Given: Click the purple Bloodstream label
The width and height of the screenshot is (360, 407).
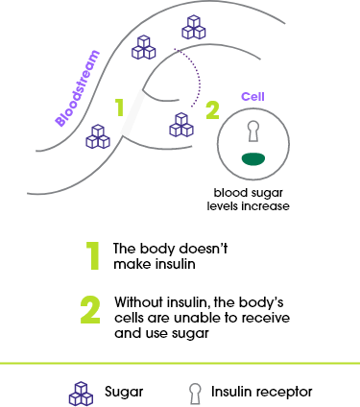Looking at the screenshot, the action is [x=77, y=88].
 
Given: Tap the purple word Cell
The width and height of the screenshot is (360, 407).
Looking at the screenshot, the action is [x=252, y=96].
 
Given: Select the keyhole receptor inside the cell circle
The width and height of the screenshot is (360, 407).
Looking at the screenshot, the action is [x=253, y=132].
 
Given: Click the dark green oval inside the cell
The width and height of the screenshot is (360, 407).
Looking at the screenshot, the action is [x=253, y=159].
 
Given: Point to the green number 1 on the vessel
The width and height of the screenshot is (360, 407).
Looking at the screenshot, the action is [x=120, y=108].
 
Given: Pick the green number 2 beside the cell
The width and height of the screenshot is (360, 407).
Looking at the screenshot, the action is [x=212, y=110].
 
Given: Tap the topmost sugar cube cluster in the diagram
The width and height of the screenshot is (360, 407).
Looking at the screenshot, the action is [x=194, y=27].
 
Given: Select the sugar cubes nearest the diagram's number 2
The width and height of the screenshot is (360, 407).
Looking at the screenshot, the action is [x=181, y=125].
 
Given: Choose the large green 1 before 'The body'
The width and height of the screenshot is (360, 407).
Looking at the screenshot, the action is [x=93, y=256].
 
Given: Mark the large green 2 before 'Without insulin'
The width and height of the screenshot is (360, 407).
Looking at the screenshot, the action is [x=90, y=310].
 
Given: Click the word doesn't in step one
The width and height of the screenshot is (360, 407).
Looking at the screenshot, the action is [x=204, y=249].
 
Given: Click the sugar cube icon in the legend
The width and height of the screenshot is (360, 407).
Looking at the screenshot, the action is [x=81, y=394].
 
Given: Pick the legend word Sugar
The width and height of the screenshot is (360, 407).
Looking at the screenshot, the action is [x=124, y=393].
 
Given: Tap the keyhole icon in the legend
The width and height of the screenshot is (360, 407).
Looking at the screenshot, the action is [x=195, y=394].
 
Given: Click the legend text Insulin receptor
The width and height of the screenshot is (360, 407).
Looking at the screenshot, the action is [x=261, y=392].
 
